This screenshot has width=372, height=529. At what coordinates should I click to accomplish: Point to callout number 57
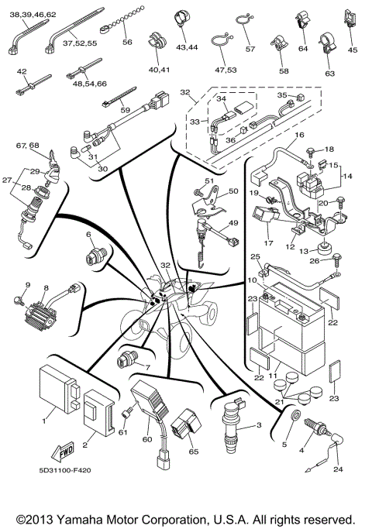(x=250, y=49)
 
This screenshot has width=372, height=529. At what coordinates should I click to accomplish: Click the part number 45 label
(x=353, y=50)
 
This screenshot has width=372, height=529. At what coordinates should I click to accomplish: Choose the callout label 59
(x=125, y=110)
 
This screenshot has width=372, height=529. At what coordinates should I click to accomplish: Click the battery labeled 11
(x=289, y=325)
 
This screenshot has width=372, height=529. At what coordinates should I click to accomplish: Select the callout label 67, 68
(x=28, y=146)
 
